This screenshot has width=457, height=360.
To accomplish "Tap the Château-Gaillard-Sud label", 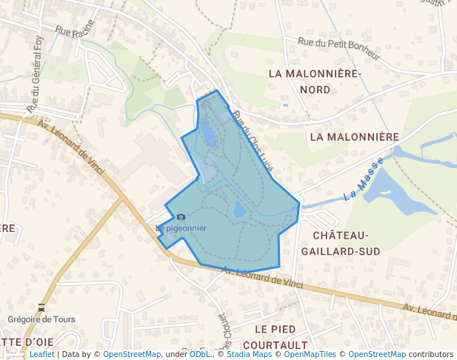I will pos(347,243).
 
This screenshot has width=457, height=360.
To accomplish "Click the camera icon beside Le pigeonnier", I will pos(181,216).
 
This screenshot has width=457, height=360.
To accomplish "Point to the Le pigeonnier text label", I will pos(181,228).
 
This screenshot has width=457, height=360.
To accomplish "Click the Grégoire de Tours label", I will pos(41,319).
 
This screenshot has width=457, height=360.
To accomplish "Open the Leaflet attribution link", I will pos(41,354).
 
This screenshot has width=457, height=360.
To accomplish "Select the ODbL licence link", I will pos(200,354).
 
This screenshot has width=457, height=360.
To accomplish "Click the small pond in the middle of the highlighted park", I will pos(238,210).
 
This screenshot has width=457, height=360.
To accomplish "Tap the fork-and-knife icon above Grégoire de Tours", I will pos(41,307).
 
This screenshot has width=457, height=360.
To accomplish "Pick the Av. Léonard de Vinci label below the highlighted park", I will pos(263,278).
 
